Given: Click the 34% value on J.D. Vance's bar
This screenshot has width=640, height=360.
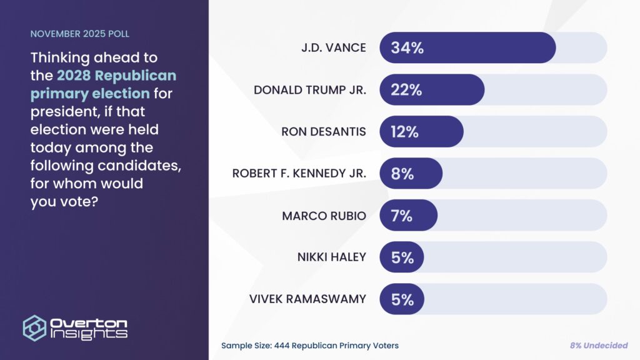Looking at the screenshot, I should (x=407, y=48).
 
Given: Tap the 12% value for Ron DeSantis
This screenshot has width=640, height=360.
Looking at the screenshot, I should (x=404, y=132).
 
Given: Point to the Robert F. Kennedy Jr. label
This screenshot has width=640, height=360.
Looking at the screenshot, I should (x=299, y=174).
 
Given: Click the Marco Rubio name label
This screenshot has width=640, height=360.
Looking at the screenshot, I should (x=324, y=216).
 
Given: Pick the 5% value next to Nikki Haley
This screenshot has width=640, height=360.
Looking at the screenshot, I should (x=402, y=257).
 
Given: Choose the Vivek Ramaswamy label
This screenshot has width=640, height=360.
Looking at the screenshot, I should (x=307, y=299).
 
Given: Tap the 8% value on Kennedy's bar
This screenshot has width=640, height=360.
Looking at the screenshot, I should (x=402, y=174).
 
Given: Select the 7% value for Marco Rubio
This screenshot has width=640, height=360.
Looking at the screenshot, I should (x=402, y=216).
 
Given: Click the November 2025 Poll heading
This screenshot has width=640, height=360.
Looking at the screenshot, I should (x=80, y=34).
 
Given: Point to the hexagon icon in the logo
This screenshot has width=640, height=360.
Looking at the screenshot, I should (x=35, y=327).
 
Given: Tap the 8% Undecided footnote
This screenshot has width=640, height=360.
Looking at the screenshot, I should (x=599, y=346).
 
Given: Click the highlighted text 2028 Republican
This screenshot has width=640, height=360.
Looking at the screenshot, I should (x=116, y=76).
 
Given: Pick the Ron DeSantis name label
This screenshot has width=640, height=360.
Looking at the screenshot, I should (x=324, y=132).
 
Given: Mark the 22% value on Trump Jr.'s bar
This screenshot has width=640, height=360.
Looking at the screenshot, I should (x=406, y=90).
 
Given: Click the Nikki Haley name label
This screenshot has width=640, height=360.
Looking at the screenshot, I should (x=331, y=257).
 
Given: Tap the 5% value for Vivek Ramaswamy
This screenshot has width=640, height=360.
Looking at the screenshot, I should (x=402, y=299).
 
